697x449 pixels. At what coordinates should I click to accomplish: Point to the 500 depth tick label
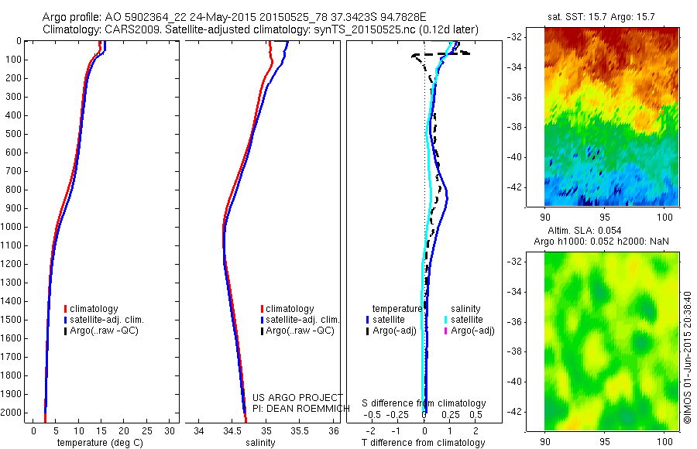tap(12, 134)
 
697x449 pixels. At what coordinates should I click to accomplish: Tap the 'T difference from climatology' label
tap(424, 443)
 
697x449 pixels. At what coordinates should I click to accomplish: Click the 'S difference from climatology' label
tap(424, 404)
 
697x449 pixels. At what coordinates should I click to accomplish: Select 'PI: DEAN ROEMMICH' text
tap(298, 407)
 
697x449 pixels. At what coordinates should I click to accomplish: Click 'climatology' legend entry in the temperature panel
tap(94, 309)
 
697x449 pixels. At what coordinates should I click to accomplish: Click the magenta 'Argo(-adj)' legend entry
tap(472, 331)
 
